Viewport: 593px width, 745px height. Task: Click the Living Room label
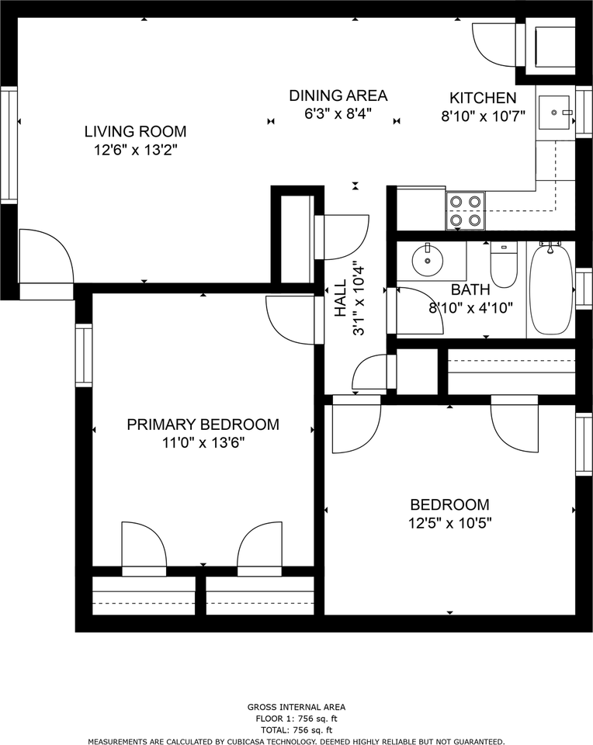[x=135, y=131]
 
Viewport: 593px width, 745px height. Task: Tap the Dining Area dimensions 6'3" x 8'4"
[x=338, y=114]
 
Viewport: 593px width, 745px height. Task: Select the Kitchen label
[x=483, y=98]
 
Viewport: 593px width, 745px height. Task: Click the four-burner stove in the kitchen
[x=465, y=211]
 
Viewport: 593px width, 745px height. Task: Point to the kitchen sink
[x=554, y=113]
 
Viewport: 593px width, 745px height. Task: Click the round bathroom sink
[x=427, y=261]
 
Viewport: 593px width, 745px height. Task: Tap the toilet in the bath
[x=503, y=264]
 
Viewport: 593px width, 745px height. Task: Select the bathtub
[x=551, y=289]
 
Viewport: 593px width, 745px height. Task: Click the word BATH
[x=470, y=289]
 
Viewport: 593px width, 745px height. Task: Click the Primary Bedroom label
[x=203, y=424]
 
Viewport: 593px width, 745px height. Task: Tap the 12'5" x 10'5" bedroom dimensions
[x=449, y=523]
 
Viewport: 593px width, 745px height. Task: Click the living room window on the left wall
[x=9, y=145]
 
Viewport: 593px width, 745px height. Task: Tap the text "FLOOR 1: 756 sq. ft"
[x=296, y=719]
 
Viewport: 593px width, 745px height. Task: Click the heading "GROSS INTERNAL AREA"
[x=296, y=708]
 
